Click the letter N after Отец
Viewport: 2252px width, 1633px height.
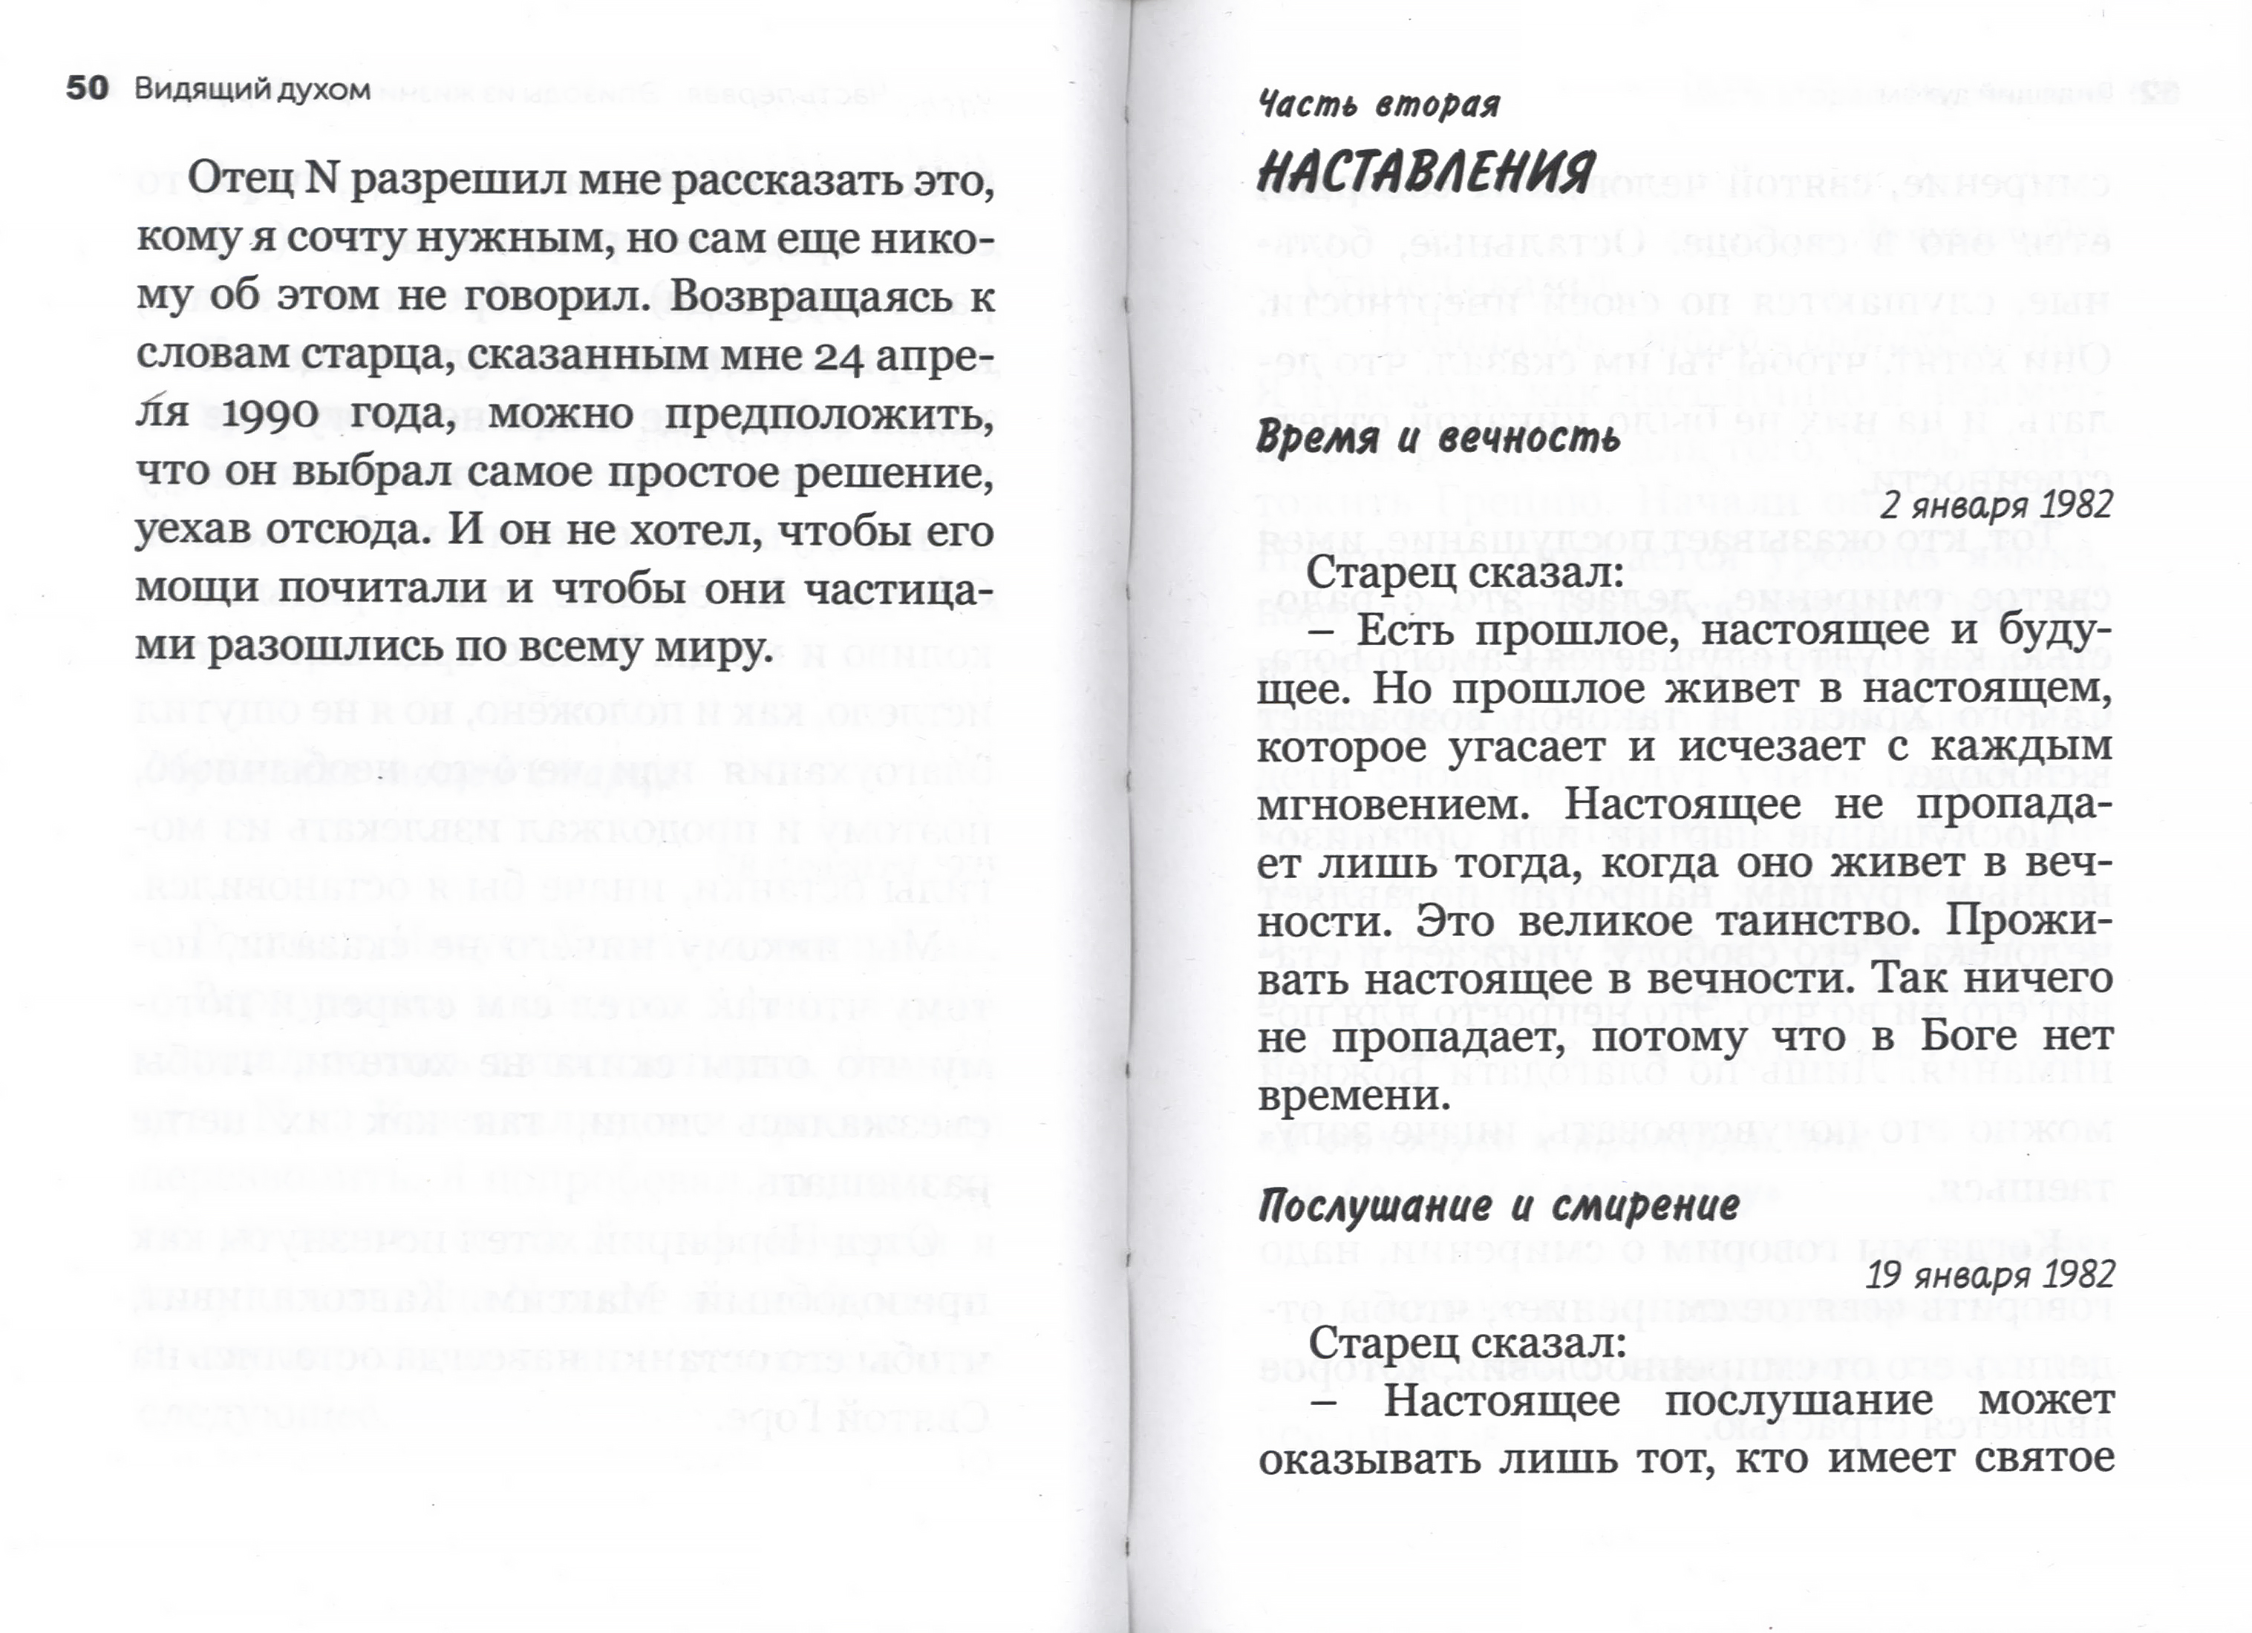[322, 180]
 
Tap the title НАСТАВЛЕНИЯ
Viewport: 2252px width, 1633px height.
[1426, 171]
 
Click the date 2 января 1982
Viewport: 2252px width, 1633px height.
[1996, 506]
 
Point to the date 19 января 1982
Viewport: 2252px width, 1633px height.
[1989, 1274]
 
